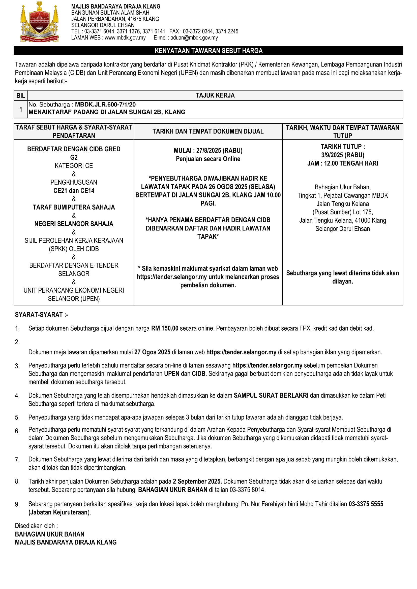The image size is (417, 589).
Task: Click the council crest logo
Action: click(x=39, y=22)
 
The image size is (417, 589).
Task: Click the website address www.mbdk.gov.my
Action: click(x=125, y=38)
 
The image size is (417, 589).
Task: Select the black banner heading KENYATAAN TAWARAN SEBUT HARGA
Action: click(x=208, y=51)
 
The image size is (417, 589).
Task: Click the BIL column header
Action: click(x=20, y=95)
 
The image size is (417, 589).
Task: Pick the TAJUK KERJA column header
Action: click(x=215, y=95)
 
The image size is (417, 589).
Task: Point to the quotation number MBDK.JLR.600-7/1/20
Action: click(x=105, y=105)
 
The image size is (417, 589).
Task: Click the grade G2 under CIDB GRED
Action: click(x=74, y=157)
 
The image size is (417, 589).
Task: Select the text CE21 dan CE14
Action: click(x=74, y=191)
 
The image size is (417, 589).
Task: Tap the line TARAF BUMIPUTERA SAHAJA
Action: click(x=74, y=207)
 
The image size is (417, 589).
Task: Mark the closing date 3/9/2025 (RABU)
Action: click(x=343, y=155)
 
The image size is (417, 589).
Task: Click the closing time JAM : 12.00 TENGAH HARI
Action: click(x=343, y=163)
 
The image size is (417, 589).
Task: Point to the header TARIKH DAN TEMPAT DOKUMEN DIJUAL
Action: click(x=208, y=131)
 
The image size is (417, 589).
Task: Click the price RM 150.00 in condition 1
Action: click(x=165, y=328)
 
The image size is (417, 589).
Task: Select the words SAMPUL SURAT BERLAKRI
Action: click(x=271, y=395)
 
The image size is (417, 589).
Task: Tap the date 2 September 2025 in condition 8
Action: click(x=197, y=481)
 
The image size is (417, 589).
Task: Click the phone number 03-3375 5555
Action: click(x=366, y=504)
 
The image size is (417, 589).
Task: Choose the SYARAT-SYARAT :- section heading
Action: click(x=41, y=315)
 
